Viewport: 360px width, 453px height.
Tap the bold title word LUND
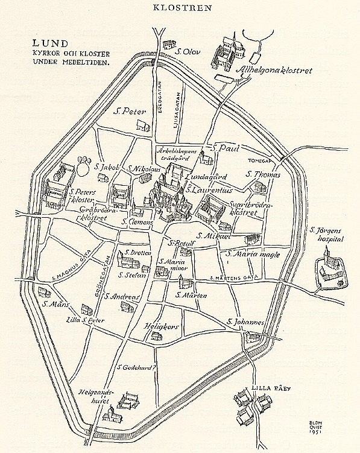coord(49,45)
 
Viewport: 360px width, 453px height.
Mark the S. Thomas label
coord(264,174)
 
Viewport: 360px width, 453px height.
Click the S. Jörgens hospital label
coord(326,234)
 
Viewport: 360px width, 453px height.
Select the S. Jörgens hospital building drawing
coord(330,270)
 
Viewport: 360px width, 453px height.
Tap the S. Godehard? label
coord(137,366)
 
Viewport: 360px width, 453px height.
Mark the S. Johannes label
coord(245,323)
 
